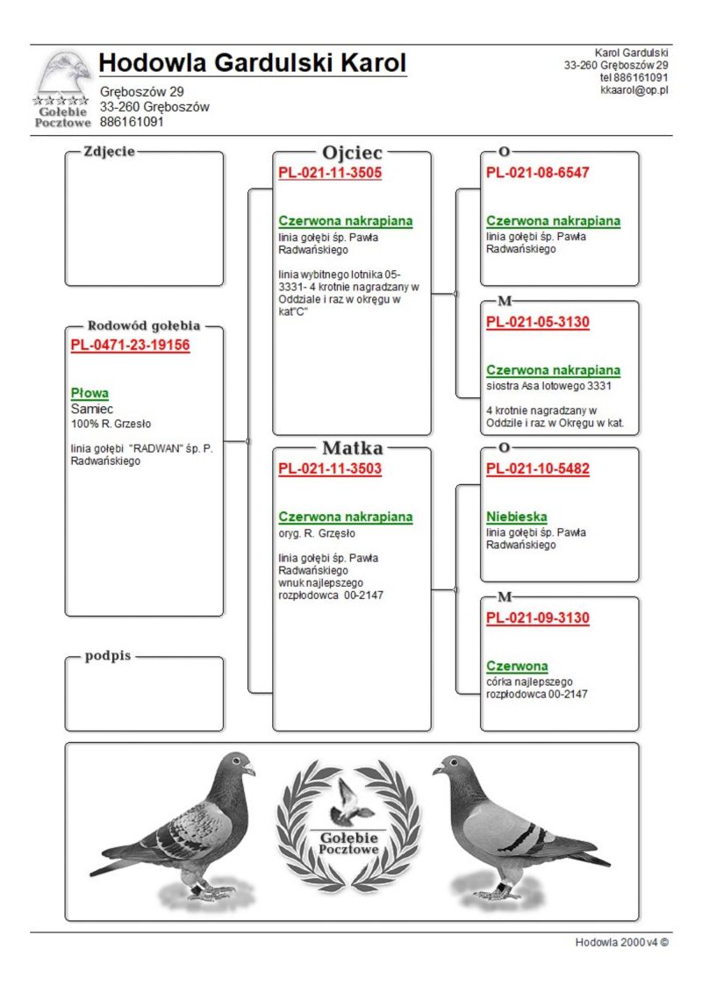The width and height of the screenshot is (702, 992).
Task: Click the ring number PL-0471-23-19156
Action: point(130,346)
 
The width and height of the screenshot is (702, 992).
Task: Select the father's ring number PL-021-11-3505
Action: point(330,173)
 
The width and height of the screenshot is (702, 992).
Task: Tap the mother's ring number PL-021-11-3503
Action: point(330,468)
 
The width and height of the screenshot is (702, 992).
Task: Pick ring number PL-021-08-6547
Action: point(538,173)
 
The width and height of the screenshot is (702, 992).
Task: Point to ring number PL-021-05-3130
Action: point(538,322)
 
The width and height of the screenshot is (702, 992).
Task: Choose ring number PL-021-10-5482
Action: point(538,468)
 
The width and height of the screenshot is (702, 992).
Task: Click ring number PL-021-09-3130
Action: point(538,617)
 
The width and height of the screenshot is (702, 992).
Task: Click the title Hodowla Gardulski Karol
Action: point(253,63)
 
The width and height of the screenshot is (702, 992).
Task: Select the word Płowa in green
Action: point(90,393)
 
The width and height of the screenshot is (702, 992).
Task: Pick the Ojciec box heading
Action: point(352,153)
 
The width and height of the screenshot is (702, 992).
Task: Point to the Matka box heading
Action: point(352,448)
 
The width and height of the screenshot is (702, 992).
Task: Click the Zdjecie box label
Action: point(109,151)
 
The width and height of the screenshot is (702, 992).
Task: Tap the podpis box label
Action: point(108,657)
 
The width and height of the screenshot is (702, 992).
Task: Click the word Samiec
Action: point(92,409)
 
